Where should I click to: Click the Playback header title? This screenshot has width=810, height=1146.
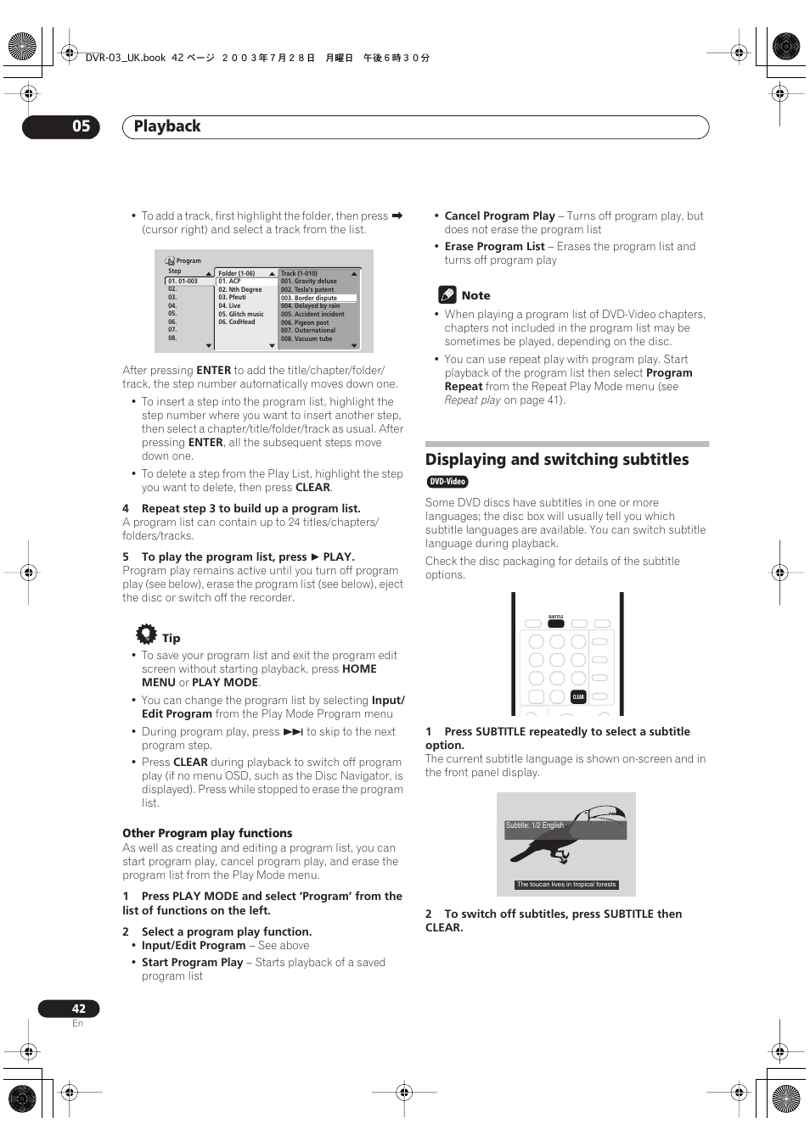pyautogui.click(x=167, y=126)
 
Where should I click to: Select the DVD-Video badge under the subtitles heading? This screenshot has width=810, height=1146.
pyautogui.click(x=447, y=482)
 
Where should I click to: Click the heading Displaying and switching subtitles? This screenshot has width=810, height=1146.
pyautogui.click(x=557, y=460)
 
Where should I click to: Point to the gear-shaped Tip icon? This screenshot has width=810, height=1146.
pyautogui.click(x=146, y=634)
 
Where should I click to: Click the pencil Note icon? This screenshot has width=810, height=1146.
pyautogui.click(x=447, y=294)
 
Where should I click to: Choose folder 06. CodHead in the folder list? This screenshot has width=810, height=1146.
pyautogui.click(x=237, y=322)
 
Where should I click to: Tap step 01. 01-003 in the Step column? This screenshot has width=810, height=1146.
pyautogui.click(x=183, y=281)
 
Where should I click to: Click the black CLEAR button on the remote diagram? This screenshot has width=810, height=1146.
pyautogui.click(x=578, y=696)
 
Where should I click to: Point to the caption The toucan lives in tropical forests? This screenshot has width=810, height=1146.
pyautogui.click(x=566, y=884)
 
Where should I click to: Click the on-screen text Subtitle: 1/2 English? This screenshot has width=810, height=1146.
pyautogui.click(x=535, y=825)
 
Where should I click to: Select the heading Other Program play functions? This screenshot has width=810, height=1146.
pyautogui.click(x=207, y=833)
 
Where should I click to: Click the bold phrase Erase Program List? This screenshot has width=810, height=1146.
pyautogui.click(x=495, y=246)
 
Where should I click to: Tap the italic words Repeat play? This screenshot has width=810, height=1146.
pyautogui.click(x=473, y=400)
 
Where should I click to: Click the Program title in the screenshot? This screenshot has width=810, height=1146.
pyautogui.click(x=188, y=260)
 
